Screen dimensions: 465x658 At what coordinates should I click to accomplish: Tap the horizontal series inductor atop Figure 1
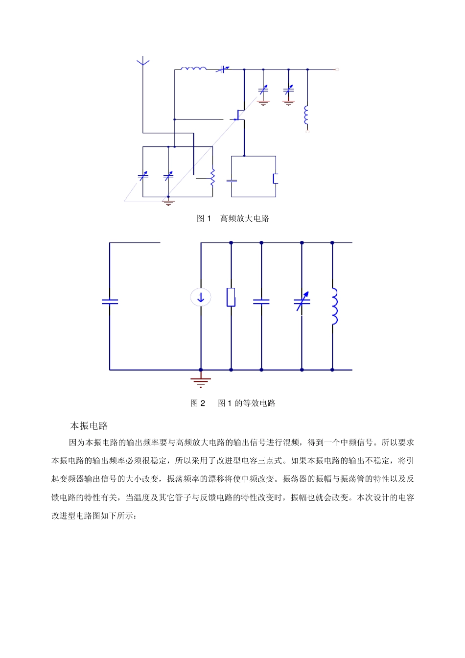pos(193,69)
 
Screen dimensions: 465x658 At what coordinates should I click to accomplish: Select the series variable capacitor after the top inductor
pos(223,70)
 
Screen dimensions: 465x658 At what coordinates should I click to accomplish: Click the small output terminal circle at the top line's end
pos(337,70)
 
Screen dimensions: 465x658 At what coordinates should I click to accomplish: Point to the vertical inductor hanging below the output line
pos(306,115)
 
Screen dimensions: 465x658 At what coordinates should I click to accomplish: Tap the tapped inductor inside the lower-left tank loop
pos(212,177)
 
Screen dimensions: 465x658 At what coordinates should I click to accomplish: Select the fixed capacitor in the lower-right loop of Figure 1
pos(232,180)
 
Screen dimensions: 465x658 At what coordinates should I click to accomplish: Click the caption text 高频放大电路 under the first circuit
pos(244,218)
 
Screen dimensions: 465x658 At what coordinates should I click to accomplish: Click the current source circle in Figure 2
pos(201,297)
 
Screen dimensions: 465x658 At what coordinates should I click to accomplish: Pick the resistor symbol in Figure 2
pos(231,297)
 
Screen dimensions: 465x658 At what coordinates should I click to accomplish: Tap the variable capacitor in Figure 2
pos(302,301)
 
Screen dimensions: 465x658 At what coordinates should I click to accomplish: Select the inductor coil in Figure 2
pos(334,306)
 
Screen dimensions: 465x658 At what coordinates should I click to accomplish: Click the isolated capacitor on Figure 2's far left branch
pos(110,302)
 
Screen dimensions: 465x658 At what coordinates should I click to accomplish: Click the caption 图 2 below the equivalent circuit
pos(198,403)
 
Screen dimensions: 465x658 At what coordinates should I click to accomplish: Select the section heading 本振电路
pos(89,425)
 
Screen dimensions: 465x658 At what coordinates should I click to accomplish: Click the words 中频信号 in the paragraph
pos(357,442)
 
